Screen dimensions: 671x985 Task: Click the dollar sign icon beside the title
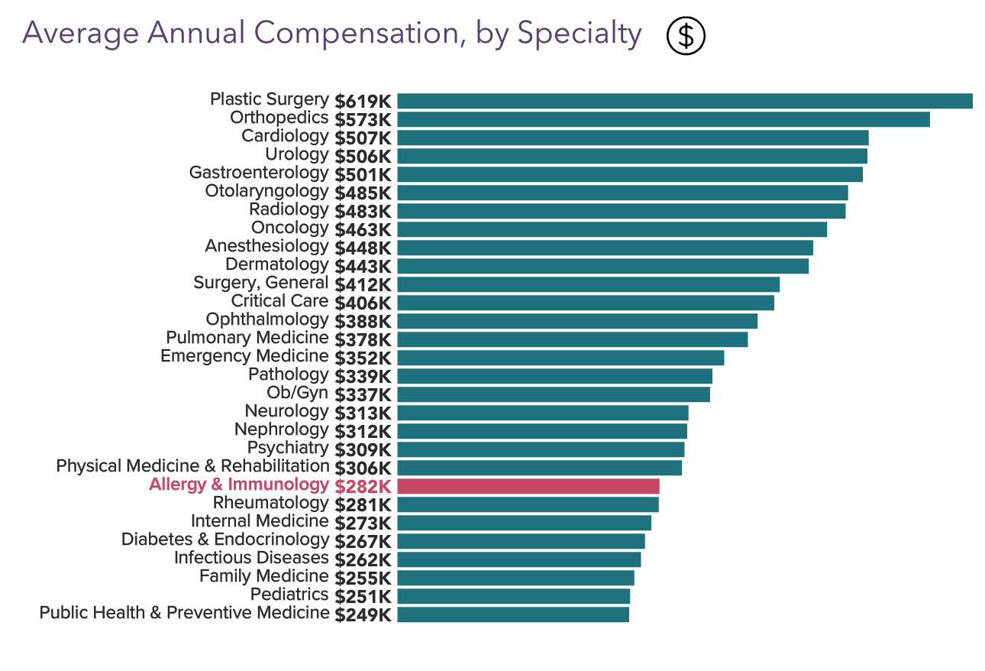point(686,36)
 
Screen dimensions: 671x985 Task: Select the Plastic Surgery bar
point(684,101)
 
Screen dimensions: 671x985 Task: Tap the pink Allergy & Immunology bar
point(528,486)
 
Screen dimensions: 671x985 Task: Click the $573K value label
point(363,119)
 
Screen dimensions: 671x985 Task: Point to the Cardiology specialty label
point(285,136)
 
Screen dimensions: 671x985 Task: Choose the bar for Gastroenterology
point(629,174)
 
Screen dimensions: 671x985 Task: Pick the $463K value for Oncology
point(363,229)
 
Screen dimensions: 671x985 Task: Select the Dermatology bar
point(602,266)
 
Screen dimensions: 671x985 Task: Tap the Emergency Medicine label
point(244,356)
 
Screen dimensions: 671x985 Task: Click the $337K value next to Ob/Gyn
point(363,394)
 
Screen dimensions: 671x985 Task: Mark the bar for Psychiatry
point(541,449)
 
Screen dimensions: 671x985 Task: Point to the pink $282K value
point(363,486)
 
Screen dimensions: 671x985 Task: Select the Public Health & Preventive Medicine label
point(184,613)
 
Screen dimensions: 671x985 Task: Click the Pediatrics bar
point(513,596)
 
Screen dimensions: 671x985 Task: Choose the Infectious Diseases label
point(251,558)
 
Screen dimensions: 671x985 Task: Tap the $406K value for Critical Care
point(363,303)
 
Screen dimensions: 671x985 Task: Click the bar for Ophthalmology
point(577,321)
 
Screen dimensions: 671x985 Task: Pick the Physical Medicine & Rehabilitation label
point(192,466)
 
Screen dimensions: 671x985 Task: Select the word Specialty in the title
point(579,34)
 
